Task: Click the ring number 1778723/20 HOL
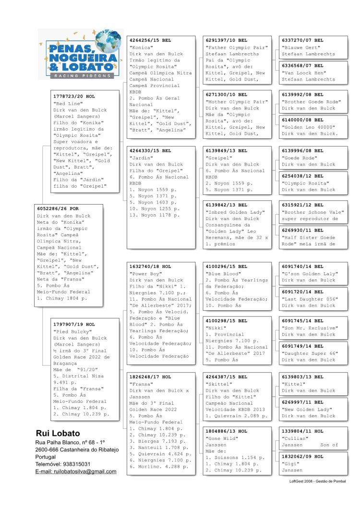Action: point(74,97)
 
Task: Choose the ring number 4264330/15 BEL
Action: point(150,151)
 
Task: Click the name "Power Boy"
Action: point(144,274)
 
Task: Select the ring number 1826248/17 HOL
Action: point(150,377)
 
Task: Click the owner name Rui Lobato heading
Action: point(58,433)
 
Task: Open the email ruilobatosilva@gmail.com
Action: point(76,472)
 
